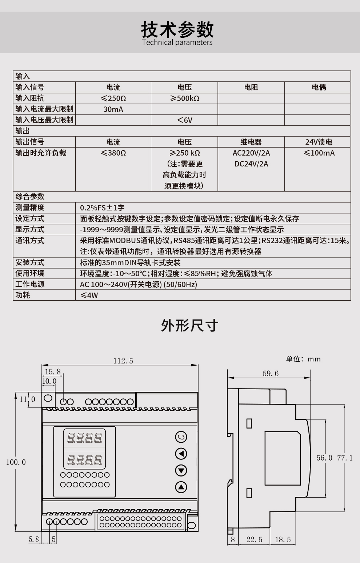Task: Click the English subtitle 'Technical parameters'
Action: coord(177,42)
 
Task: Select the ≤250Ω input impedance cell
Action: coord(113,98)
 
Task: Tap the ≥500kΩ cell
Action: coord(184,98)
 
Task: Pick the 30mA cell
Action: coord(113,109)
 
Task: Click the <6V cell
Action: coord(184,120)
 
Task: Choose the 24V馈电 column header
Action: coord(319,142)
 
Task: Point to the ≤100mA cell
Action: coord(319,153)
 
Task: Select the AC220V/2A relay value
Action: coord(251,153)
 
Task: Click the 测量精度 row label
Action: coord(30,208)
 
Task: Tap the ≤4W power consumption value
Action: coord(89,295)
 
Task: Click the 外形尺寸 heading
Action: coord(189,326)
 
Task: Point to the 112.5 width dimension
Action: coord(123,361)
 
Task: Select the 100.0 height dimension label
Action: coord(16,462)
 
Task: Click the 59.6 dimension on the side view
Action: coord(271,374)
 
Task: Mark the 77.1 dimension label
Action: coord(345,458)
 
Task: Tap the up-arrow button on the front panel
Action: coord(181,487)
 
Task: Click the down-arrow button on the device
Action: coord(181,471)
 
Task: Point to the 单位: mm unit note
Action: coord(303,359)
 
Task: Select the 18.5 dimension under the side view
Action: coord(283,540)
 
